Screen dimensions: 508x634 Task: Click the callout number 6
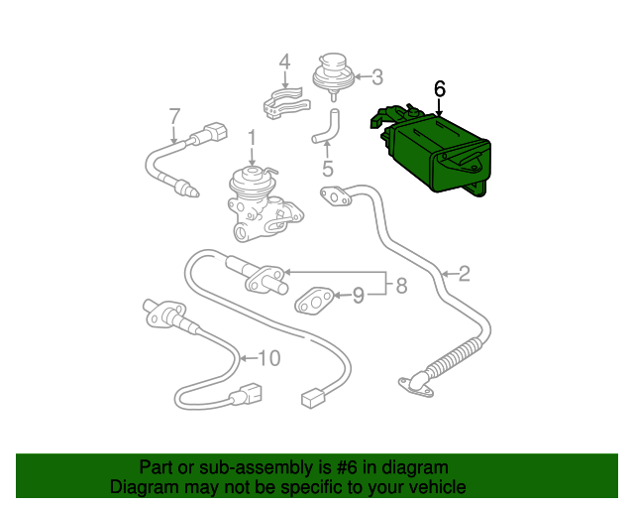coord(440,88)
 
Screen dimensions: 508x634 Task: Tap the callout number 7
coord(173,115)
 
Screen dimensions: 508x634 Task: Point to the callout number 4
coord(284,62)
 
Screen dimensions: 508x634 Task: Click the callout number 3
coord(375,75)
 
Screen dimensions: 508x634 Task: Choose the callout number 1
coord(252,138)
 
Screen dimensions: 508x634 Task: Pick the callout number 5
coord(327,169)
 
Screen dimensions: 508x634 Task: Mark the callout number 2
coord(463,274)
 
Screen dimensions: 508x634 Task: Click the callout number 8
coord(401,287)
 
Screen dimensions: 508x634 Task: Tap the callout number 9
coord(359,295)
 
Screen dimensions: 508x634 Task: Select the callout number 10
coord(269,357)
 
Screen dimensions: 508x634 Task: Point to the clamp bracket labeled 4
coord(282,102)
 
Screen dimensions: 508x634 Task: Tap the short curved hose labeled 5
coord(326,125)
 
